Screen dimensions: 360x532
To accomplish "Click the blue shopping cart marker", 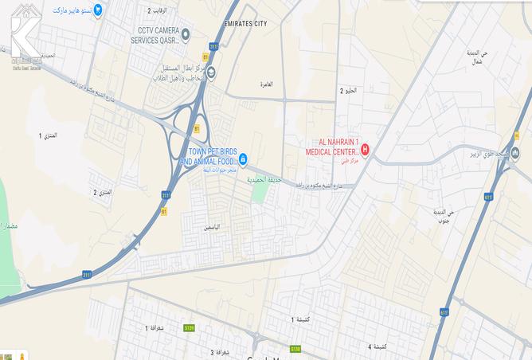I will pos(97,11).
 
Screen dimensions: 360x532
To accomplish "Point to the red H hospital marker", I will pos(366,148).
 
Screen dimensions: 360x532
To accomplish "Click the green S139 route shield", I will pos(189,327).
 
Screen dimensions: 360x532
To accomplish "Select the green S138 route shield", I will pos(295,349).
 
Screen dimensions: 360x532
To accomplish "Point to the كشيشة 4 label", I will pos(380,346).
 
